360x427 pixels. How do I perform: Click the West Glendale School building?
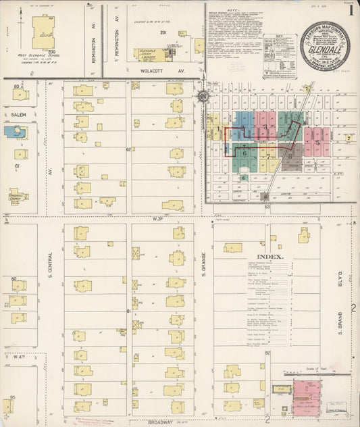tap(45, 32)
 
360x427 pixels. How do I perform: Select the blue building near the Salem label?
tap(15, 132)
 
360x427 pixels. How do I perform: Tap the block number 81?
tap(128, 311)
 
